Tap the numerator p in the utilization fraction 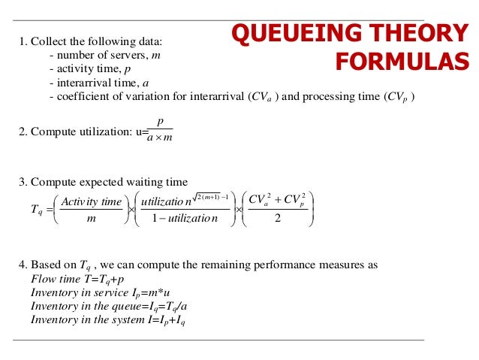pos(160,121)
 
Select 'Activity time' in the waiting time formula pos(90,201)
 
